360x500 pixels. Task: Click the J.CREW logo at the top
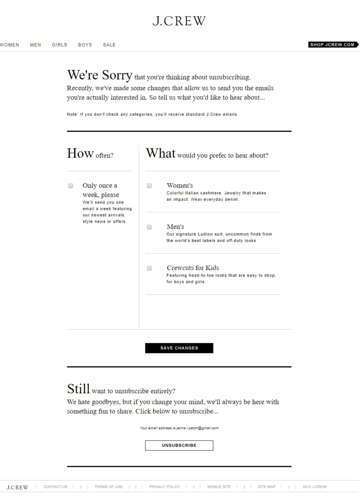click(x=179, y=21)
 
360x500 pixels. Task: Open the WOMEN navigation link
click(x=9, y=45)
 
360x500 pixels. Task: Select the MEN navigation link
click(x=36, y=45)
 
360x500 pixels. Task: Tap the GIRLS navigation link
click(x=60, y=45)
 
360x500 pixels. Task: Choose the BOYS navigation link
click(x=85, y=45)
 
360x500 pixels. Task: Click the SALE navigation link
click(x=109, y=45)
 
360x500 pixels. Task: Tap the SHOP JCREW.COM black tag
click(x=332, y=45)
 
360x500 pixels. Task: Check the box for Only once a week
click(x=71, y=186)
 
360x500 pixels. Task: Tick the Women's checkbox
click(x=149, y=186)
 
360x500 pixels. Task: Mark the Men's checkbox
click(x=149, y=227)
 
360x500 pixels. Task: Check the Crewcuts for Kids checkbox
click(x=149, y=268)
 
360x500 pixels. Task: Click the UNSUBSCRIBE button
click(x=179, y=445)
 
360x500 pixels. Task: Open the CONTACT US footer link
click(x=55, y=487)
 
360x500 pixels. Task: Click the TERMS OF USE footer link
click(x=108, y=487)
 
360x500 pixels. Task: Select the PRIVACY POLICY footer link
click(x=164, y=487)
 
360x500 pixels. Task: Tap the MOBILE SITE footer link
click(x=219, y=487)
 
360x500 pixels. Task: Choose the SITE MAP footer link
click(x=266, y=487)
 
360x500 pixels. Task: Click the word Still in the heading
click(x=79, y=389)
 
